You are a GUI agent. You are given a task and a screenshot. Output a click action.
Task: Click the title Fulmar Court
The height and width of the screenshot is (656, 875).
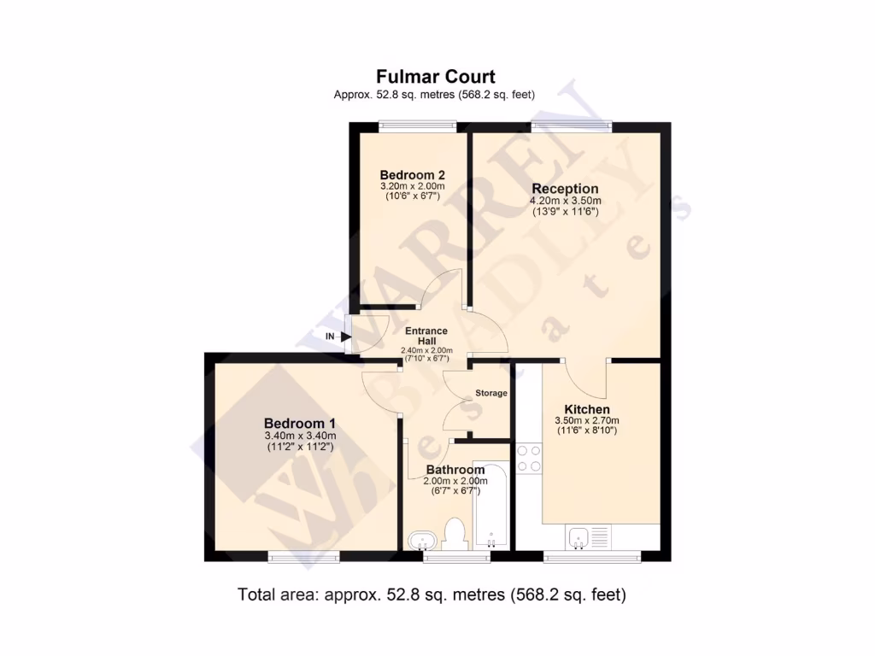coord(436,78)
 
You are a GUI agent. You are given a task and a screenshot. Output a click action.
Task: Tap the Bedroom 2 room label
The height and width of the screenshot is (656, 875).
coord(412,174)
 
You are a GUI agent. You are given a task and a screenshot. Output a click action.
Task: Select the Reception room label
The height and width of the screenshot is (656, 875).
coord(565,189)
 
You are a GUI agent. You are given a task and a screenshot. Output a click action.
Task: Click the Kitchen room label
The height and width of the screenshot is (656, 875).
coord(586,410)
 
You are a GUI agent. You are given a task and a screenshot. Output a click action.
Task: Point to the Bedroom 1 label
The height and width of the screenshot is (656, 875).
coord(299,424)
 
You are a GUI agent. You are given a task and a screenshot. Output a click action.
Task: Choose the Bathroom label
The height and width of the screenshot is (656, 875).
coord(455,469)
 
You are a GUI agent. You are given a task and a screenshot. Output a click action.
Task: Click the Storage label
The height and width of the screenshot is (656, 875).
coord(491,393)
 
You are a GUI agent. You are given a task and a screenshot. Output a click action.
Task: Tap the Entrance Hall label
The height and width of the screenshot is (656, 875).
coord(426,336)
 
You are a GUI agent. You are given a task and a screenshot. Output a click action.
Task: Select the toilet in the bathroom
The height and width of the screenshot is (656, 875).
coord(455,533)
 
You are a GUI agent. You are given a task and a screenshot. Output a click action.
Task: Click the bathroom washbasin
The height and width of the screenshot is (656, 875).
coord(423,539)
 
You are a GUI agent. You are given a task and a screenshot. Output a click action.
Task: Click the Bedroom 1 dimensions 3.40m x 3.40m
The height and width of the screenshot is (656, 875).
coord(299,436)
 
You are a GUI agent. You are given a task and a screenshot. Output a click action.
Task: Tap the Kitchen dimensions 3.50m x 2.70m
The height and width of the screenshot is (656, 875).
coord(586,421)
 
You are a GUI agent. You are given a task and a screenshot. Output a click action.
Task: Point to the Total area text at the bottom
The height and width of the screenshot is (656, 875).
coord(432,594)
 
